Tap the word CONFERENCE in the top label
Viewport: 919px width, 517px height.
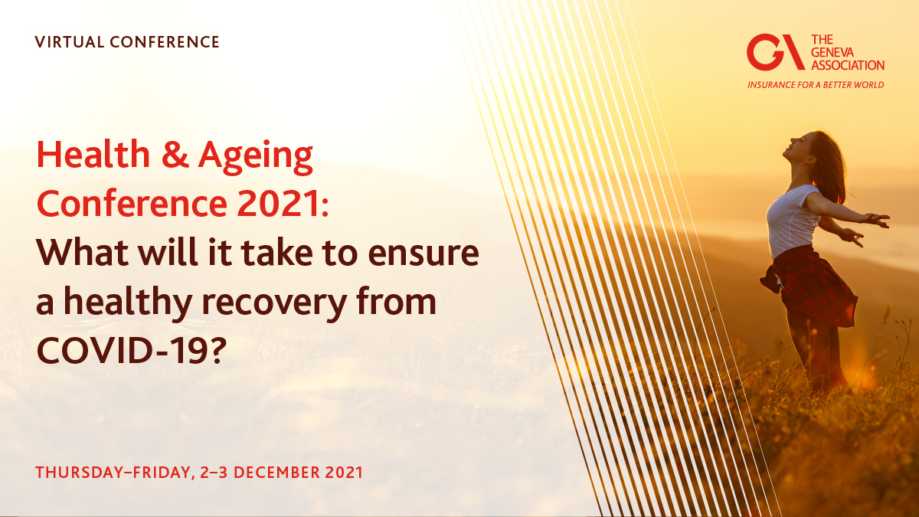tap(165, 42)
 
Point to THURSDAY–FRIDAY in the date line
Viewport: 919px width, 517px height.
tap(106, 472)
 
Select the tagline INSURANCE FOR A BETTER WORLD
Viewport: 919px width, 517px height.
tap(816, 84)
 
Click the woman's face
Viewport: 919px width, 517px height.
tap(797, 146)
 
